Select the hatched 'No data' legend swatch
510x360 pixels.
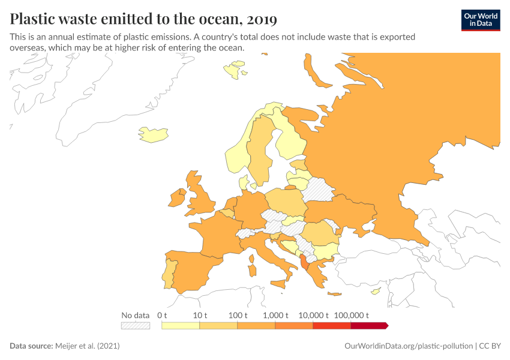(135, 325)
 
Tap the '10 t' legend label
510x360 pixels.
(200, 315)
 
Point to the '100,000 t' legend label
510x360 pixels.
(350, 315)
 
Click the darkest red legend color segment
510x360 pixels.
(369, 325)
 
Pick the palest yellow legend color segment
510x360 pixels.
(181, 325)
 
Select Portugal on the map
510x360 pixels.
(171, 274)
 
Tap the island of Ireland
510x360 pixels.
(179, 198)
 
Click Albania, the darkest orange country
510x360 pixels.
(307, 262)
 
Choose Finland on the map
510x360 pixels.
(290, 141)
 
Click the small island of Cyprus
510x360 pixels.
(376, 292)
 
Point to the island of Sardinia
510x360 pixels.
(251, 260)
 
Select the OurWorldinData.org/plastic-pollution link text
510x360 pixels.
(409, 346)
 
